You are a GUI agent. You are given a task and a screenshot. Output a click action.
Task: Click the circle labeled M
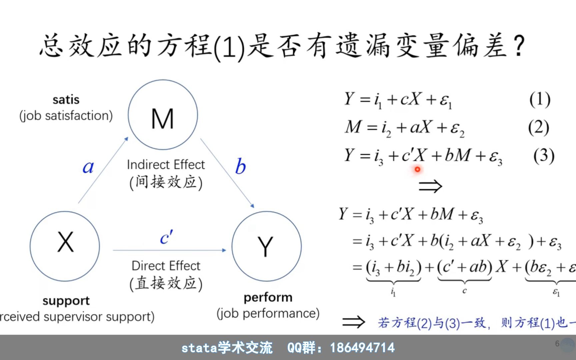coord(163,115)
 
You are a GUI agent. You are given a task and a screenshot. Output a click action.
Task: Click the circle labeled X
coord(65,246)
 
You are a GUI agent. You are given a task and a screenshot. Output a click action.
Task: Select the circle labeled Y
coord(266,246)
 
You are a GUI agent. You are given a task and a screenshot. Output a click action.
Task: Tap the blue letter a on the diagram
coord(88,167)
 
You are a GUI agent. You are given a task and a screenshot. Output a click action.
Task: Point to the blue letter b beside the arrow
coord(240,166)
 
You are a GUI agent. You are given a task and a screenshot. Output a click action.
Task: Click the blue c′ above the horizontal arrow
coord(166,237)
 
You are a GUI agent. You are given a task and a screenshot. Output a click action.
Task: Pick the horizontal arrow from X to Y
coord(169,250)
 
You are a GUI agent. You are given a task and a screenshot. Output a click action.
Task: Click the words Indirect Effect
coord(166,165)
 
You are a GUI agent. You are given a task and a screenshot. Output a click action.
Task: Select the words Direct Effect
coord(166,266)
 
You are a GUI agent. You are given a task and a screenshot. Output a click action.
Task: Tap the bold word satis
coord(66,100)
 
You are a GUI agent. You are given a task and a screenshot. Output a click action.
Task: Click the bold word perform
coord(268,297)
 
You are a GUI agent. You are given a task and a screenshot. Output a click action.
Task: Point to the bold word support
coord(66,301)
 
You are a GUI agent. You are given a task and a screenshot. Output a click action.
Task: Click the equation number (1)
coord(540,99)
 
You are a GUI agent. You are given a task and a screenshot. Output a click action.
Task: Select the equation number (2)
coord(538,127)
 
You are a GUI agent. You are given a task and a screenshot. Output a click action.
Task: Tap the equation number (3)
coord(544,155)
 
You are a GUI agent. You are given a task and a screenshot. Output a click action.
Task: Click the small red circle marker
coord(417,170)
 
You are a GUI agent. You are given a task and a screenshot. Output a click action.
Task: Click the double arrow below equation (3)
coord(430,186)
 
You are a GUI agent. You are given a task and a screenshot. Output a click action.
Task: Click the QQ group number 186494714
coord(362,348)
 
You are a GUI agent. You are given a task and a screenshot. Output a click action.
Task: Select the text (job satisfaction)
coord(66,116)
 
